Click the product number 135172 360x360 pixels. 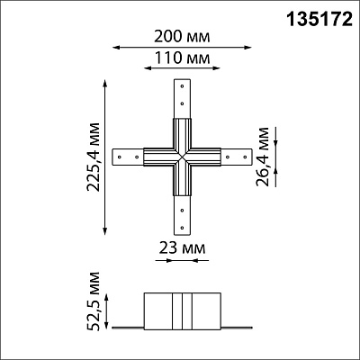[319, 19]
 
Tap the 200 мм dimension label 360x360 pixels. [182, 37]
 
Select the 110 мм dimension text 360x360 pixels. [182, 58]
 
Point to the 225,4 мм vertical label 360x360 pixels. [93, 157]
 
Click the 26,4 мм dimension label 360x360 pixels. [263, 157]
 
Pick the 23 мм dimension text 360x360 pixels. [182, 248]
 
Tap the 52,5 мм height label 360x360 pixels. [93, 301]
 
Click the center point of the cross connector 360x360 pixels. [182, 157]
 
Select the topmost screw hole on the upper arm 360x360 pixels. [182, 86]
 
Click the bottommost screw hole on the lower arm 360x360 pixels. [182, 228]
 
